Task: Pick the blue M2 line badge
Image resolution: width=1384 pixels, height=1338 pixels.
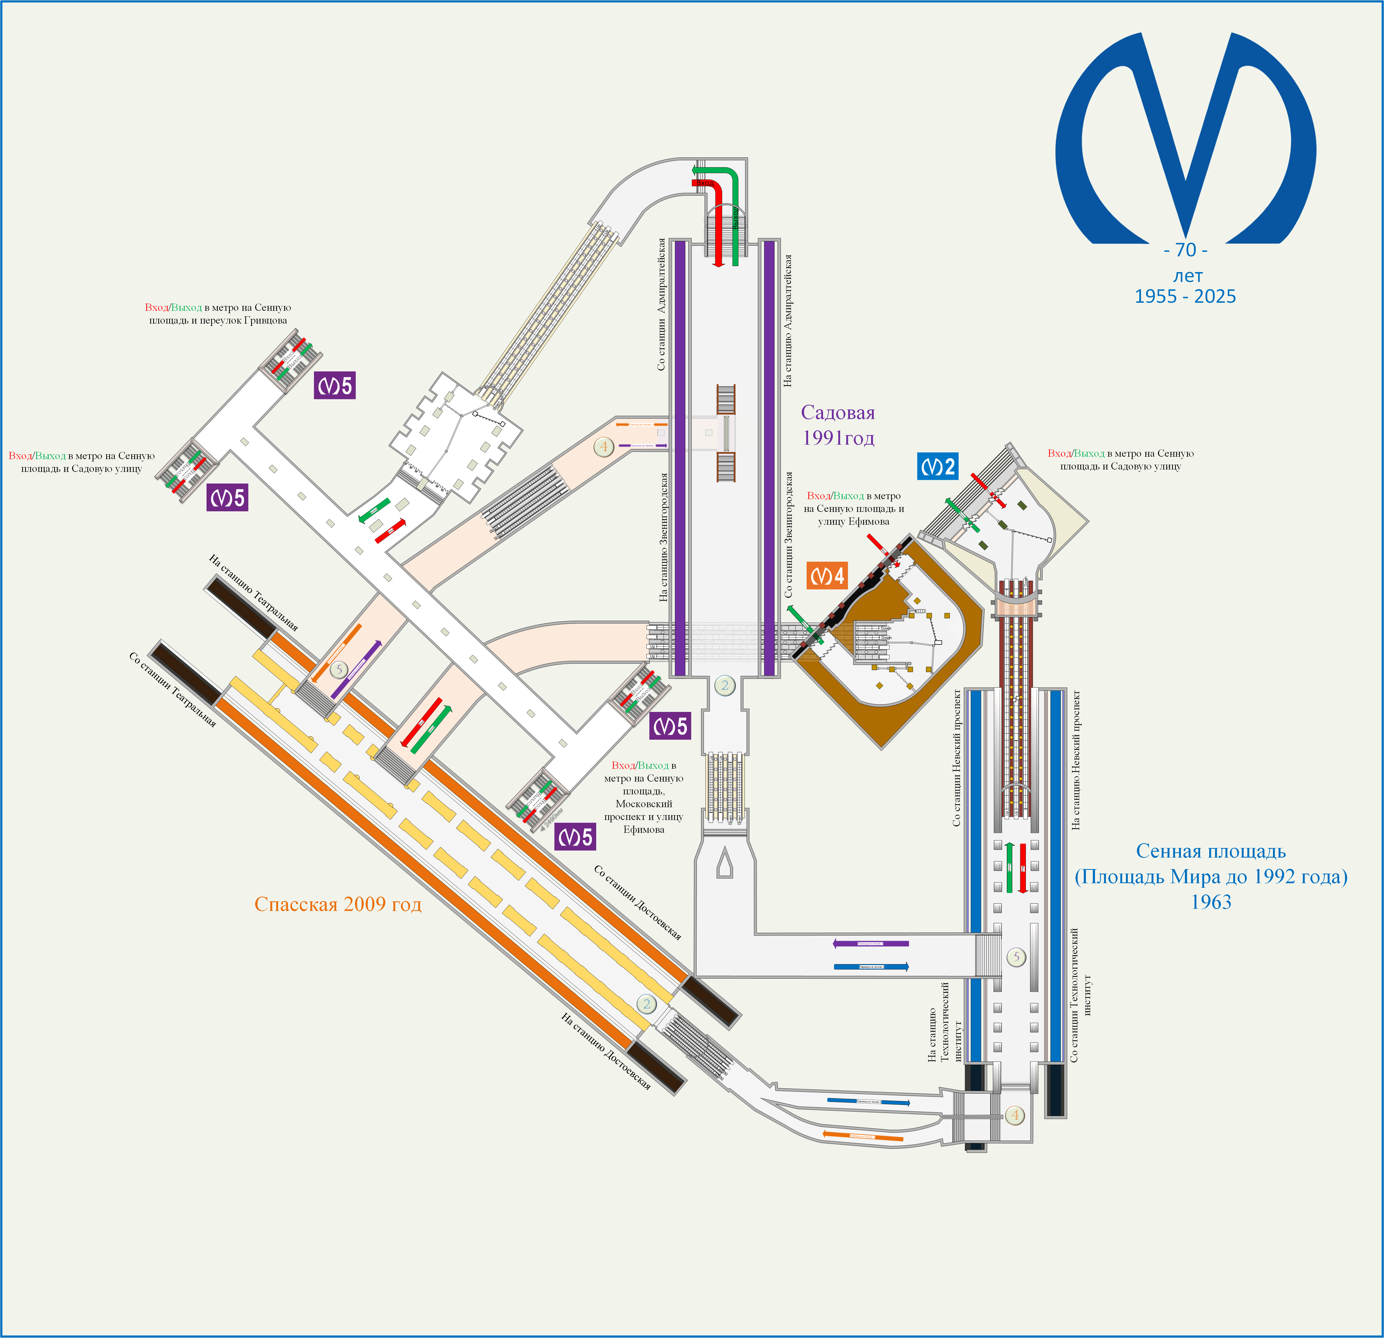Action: [938, 467]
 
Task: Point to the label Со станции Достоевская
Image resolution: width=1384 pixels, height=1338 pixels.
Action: [638, 902]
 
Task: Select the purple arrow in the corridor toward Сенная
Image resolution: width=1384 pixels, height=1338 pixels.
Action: [871, 943]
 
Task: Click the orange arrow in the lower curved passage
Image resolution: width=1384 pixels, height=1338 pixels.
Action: [863, 1136]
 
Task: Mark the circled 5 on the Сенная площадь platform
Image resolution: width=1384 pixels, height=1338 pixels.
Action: [1016, 957]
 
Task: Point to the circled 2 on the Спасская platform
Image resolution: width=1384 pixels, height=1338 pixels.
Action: [646, 1003]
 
